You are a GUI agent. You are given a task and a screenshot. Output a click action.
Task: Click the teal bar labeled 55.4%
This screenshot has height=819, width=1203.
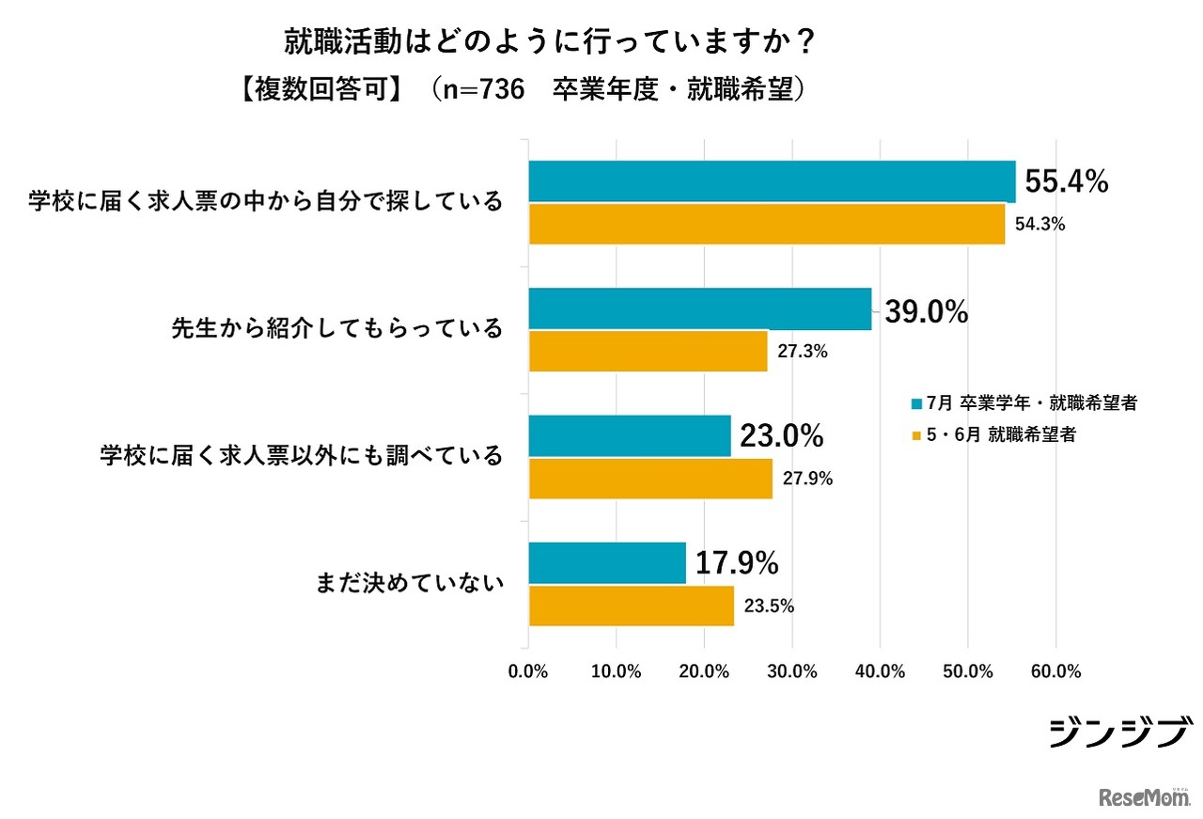[x=772, y=181]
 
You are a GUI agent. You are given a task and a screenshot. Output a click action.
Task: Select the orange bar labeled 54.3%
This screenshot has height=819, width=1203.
[x=766, y=224]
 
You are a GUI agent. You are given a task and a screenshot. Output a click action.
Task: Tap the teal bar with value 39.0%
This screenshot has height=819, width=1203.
[x=700, y=309]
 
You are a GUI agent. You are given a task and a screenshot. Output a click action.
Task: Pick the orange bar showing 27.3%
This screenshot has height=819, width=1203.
[x=648, y=352]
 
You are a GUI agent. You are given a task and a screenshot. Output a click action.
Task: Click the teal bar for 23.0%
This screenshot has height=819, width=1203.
[x=630, y=436]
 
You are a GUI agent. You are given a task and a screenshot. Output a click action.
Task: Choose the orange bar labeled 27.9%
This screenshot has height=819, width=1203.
[x=650, y=479]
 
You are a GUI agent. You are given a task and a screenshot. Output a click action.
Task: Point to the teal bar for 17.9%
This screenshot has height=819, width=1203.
[x=607, y=563]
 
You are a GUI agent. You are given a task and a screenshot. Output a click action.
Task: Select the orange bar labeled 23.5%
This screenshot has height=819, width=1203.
[x=631, y=606]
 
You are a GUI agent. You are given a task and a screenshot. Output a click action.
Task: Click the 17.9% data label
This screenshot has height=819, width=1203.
[x=737, y=563]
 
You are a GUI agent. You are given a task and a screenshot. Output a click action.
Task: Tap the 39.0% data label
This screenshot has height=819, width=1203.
[x=926, y=312]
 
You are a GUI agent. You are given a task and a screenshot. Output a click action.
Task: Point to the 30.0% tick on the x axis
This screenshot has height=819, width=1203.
[x=792, y=671]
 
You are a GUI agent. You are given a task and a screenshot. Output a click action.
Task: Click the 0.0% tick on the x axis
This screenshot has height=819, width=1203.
[x=528, y=671]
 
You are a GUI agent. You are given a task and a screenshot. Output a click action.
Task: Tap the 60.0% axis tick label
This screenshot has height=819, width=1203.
[x=1055, y=671]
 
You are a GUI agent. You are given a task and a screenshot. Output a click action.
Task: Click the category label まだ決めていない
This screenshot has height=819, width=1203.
[x=408, y=584]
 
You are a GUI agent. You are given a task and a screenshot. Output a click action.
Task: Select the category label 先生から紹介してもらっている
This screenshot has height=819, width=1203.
[x=336, y=329]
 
